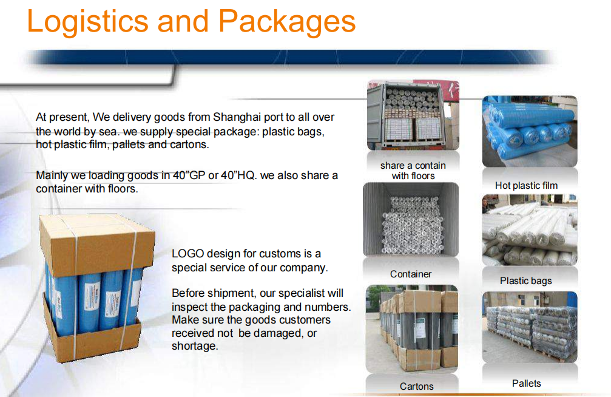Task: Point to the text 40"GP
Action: click(x=189, y=175)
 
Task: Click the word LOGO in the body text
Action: click(x=188, y=254)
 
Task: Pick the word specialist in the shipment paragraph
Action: click(x=297, y=293)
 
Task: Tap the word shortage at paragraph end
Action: click(x=195, y=346)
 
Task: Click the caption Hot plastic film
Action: click(x=526, y=186)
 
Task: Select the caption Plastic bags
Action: click(x=525, y=281)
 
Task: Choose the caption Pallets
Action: click(x=527, y=384)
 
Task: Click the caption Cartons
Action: click(x=417, y=387)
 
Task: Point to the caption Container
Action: click(x=411, y=274)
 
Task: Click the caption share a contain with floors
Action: click(x=413, y=171)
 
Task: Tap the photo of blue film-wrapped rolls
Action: click(x=530, y=132)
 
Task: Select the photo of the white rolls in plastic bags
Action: click(x=530, y=230)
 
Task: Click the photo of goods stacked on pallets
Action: click(x=530, y=327)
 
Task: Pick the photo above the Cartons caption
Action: click(x=412, y=329)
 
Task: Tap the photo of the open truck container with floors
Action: click(x=413, y=115)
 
